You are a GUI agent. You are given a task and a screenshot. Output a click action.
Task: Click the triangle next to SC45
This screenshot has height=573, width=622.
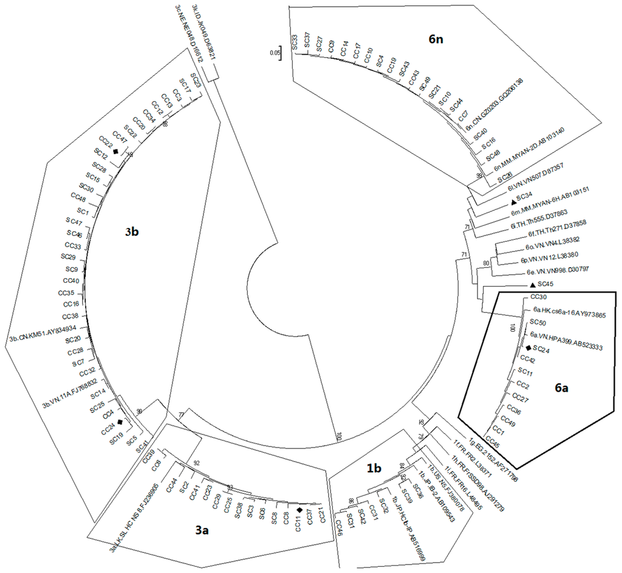point(532,285)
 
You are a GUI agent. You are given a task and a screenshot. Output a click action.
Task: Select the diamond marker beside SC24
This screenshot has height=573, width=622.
point(527,348)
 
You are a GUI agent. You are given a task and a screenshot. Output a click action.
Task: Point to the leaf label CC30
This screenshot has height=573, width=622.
point(539,297)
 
